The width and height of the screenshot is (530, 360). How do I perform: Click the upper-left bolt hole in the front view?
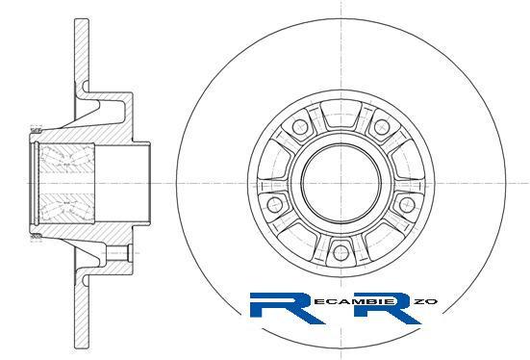coord(300,127)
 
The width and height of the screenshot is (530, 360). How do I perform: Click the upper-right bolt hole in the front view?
coord(382,126)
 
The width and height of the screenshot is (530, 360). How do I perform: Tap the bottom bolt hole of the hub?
coord(341,252)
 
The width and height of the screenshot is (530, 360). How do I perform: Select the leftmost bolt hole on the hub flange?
coord(275,204)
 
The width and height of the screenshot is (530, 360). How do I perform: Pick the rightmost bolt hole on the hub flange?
coord(407,204)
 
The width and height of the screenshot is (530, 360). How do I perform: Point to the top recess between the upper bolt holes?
coord(341,116)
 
